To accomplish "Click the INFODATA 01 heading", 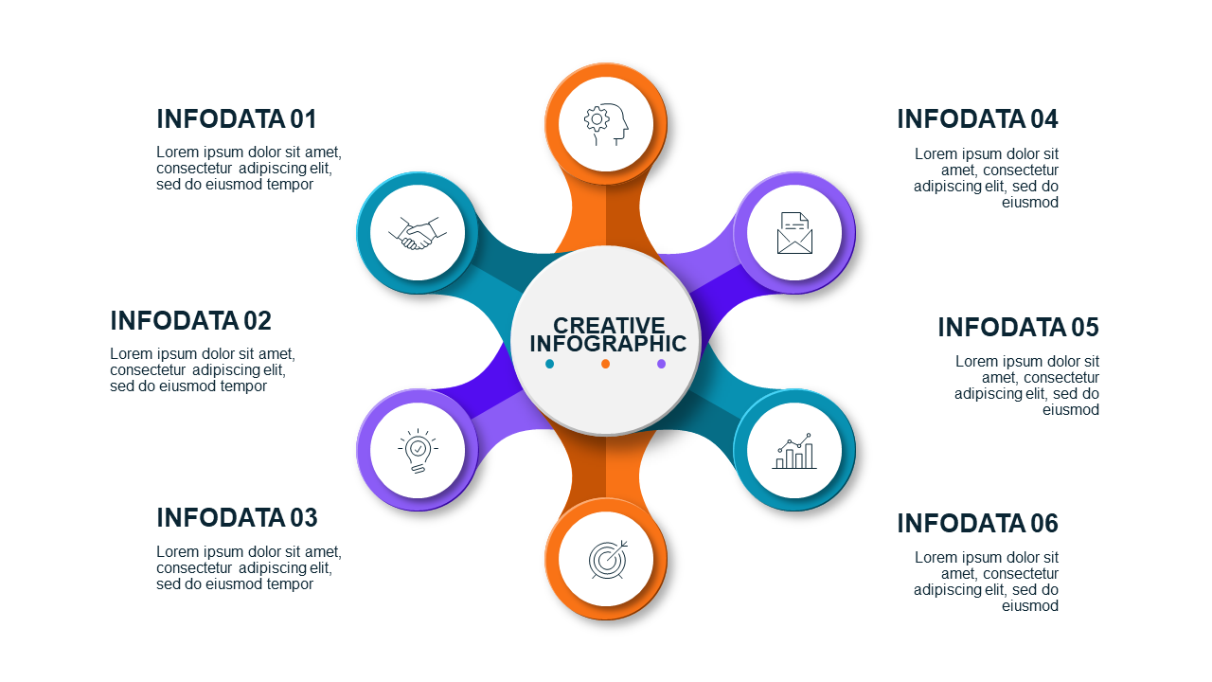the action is point(237,119).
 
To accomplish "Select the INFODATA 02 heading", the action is point(190,320).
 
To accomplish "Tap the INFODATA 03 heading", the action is point(237,517).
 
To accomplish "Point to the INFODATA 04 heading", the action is point(977,119).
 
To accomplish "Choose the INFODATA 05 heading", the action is point(1018,327).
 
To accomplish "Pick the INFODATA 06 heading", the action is point(977,523).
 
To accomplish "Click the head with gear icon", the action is point(606,124).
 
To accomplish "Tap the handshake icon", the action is point(418,233).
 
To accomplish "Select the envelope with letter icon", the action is point(794,233).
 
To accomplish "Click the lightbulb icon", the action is point(418,451).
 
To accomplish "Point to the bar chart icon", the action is point(794,450).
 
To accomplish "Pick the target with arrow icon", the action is point(608,559).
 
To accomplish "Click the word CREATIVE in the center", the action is point(609,325).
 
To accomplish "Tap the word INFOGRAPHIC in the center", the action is point(608,344).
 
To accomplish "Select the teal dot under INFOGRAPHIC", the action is point(550,364).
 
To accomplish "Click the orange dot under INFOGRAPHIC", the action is point(605,364).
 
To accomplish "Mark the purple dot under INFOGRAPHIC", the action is point(661,364).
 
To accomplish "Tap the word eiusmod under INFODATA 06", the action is point(1029,605).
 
